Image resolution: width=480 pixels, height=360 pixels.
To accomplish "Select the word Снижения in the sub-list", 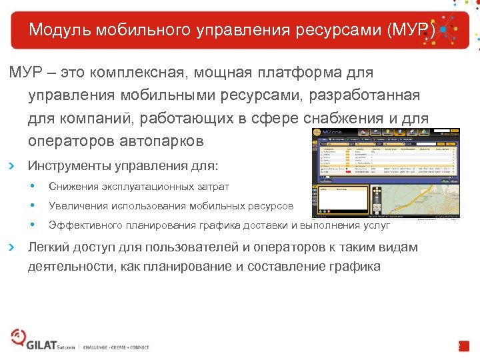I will click(71, 187).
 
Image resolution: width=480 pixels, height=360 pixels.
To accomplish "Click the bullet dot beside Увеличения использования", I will click(32, 205).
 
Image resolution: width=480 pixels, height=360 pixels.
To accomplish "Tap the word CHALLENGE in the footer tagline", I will click(98, 347).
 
